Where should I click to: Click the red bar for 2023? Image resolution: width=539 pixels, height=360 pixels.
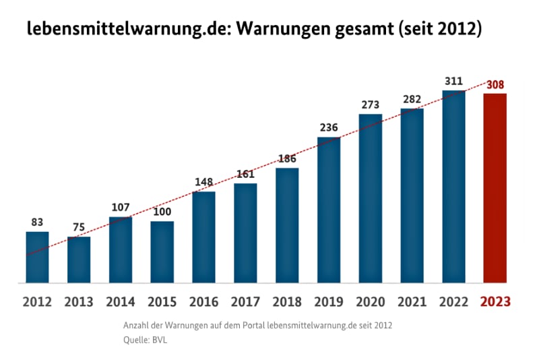click(495, 188)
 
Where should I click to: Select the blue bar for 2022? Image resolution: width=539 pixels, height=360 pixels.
click(453, 187)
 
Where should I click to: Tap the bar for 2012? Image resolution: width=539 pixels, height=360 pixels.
click(37, 257)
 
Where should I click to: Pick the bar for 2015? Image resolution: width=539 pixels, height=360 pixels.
click(162, 252)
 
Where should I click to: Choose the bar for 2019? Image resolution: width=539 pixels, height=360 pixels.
click(329, 210)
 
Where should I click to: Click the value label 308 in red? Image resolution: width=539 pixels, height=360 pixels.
click(495, 86)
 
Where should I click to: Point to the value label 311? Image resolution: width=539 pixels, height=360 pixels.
click(453, 82)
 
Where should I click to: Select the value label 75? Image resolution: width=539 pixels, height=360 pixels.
click(79, 227)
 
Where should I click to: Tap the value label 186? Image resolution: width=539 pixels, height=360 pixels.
click(287, 159)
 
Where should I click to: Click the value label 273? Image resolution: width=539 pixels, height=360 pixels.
click(371, 104)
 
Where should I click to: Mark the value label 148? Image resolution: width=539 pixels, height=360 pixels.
click(203, 182)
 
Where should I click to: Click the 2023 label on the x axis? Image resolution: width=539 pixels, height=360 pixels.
click(495, 301)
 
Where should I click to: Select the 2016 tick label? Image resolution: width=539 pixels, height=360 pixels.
click(203, 301)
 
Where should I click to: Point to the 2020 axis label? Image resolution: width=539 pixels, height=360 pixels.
click(371, 301)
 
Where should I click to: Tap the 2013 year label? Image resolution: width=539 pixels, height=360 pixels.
click(79, 301)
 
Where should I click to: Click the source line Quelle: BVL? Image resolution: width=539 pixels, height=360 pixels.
click(145, 340)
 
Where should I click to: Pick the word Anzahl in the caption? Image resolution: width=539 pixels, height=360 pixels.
click(137, 325)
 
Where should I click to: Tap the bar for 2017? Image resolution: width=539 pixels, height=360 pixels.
click(245, 233)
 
